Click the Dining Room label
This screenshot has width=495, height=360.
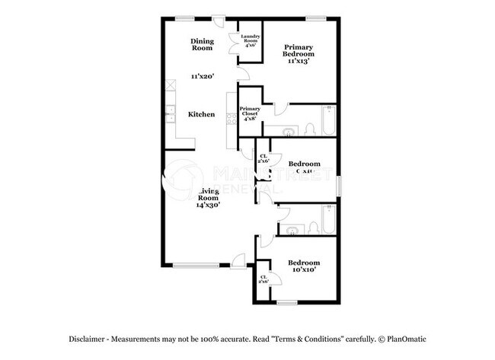coord(202,45)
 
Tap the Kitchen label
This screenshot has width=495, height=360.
coord(202,114)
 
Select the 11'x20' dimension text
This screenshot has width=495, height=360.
coord(202,76)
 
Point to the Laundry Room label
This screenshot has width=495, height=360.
coord(251,40)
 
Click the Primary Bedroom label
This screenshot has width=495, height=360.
coord(298,50)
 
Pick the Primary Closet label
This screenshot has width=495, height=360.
coord(251,114)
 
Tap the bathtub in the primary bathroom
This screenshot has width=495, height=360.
coord(328,123)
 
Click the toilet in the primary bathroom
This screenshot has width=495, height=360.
coord(309,128)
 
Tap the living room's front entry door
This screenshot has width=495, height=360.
coord(239,263)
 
